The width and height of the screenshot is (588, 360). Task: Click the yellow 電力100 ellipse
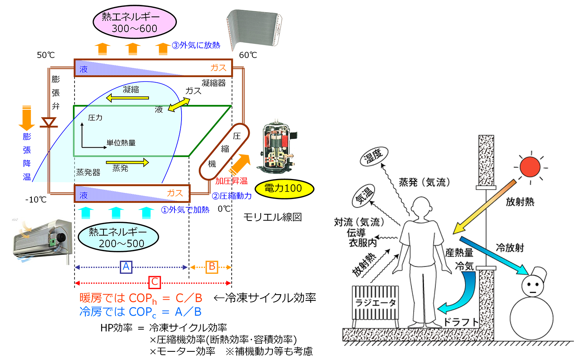(284, 188)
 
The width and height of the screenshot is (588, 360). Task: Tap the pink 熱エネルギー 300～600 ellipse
(134, 22)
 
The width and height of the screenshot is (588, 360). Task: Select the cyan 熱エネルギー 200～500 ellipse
(118, 238)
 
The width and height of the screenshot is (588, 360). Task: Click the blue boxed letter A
(126, 267)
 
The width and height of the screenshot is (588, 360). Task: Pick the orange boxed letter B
(212, 267)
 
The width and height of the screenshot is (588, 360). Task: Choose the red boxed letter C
(154, 282)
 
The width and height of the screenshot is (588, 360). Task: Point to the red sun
(530, 167)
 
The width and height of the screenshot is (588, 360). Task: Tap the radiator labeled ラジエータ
(375, 303)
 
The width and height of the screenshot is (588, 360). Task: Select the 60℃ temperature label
(248, 55)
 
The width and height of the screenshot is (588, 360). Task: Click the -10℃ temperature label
(36, 200)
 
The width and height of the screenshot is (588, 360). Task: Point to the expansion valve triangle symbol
(49, 123)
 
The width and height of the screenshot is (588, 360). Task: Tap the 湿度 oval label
(374, 156)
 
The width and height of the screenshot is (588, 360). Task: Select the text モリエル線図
(272, 217)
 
